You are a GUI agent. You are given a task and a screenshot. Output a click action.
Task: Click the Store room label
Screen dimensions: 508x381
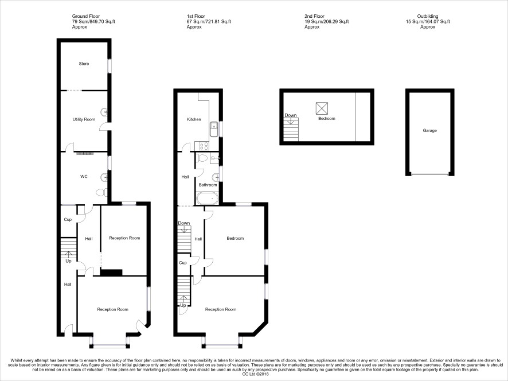84,64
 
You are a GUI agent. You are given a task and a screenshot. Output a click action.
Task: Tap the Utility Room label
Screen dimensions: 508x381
84,119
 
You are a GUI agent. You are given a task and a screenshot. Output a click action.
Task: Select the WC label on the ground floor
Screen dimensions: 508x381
84,176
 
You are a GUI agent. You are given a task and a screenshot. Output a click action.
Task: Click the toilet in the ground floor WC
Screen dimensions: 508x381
101,193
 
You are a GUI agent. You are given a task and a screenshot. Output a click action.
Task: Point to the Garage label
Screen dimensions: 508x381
429,130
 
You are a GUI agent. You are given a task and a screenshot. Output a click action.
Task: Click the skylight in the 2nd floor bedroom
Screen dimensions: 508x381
322,108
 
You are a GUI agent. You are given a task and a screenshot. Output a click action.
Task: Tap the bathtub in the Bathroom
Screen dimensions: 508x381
208,198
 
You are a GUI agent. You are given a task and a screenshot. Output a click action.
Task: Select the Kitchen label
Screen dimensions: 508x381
194,119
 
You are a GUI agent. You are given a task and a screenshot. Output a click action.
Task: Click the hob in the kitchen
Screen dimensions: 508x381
202,146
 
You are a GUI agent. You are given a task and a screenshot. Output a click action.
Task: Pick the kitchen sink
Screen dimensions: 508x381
214,129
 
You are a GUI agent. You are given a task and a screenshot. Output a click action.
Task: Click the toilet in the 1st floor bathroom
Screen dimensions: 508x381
202,158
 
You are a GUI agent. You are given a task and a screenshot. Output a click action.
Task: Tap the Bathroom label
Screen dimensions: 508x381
208,185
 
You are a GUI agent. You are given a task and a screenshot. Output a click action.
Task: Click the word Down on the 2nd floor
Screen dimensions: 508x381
291,115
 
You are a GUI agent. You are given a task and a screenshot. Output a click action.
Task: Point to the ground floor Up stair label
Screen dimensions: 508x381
68,261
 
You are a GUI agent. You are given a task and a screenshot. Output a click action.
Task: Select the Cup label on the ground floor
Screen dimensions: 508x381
68,220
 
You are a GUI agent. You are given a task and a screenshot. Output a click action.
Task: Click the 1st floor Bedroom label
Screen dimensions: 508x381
235,238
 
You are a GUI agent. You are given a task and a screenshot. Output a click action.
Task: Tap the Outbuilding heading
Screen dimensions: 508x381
428,16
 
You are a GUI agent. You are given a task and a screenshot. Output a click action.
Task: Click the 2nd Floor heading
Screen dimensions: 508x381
314,16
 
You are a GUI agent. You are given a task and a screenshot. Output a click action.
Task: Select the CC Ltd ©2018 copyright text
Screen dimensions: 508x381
256,374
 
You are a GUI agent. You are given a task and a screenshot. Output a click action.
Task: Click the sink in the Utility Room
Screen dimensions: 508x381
104,112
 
